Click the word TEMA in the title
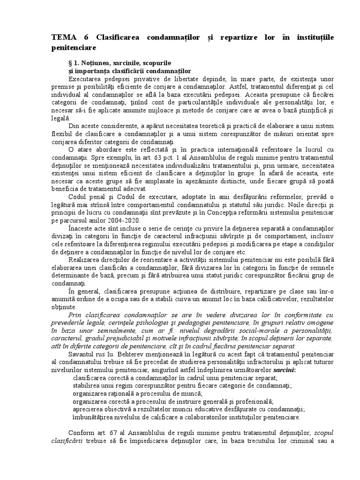coord(64,37)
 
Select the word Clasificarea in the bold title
coord(118,37)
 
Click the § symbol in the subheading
coord(71,62)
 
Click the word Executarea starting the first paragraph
coord(86,79)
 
